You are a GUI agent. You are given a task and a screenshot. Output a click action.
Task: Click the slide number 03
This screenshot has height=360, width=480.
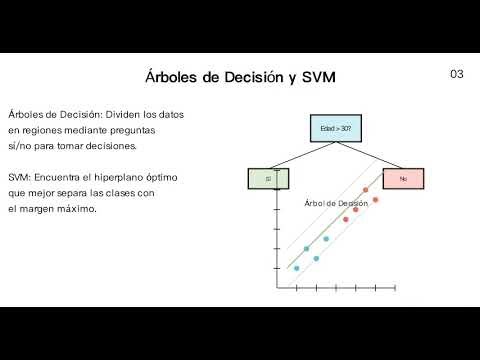456,75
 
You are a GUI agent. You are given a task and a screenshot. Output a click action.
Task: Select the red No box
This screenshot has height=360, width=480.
402,179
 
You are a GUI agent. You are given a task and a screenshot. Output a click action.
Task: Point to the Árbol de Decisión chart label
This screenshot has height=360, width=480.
336,203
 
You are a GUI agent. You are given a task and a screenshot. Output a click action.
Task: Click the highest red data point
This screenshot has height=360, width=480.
366,189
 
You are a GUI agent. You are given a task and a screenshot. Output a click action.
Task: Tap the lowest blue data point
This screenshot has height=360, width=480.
296,268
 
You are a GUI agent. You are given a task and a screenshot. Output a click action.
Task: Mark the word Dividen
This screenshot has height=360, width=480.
121,114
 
